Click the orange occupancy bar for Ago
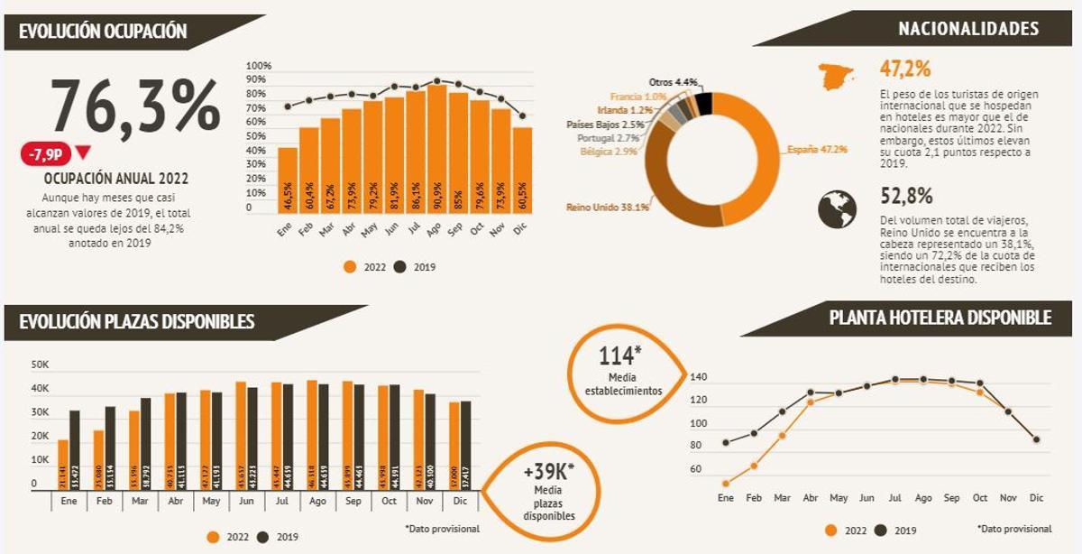point(436,149)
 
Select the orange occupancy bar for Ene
point(288,180)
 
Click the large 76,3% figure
point(135,106)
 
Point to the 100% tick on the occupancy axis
point(259,66)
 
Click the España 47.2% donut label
point(817,149)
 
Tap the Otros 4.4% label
point(674,82)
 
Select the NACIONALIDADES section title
point(967,29)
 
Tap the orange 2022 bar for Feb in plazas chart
point(98,460)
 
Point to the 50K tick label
point(40,365)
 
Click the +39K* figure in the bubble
point(548,474)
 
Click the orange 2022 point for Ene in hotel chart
point(726,483)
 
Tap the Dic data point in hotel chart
point(1037,439)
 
